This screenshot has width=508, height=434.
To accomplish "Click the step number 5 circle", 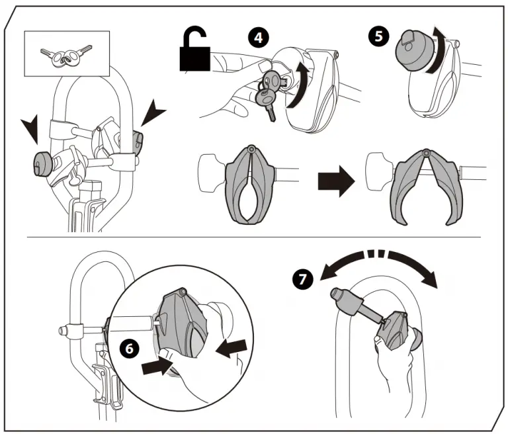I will tap(379, 36).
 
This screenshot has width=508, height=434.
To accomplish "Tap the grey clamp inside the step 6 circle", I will tap(184, 324).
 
